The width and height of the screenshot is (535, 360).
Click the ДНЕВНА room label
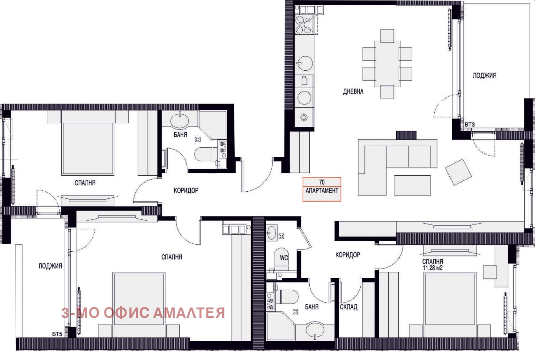(x=353, y=91)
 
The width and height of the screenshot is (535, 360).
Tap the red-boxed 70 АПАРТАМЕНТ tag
(x=322, y=189)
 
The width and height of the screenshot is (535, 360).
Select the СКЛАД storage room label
(x=349, y=307)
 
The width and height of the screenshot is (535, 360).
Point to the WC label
(x=284, y=258)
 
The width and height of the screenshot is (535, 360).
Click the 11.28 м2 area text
(x=433, y=268)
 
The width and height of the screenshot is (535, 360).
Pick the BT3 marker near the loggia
(x=470, y=125)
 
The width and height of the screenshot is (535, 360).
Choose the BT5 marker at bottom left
(x=57, y=334)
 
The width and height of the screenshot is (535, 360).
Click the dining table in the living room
(x=387, y=64)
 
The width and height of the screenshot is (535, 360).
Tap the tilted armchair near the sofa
(x=458, y=172)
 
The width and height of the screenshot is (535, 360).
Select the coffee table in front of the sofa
(x=412, y=185)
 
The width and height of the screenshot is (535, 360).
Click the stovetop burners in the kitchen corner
(x=303, y=24)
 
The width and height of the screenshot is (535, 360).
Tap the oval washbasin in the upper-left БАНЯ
(x=179, y=120)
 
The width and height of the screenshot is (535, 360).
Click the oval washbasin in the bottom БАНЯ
(x=317, y=330)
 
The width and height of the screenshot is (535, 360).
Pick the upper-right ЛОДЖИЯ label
(x=484, y=75)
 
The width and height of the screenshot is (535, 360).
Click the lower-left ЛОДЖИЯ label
(x=50, y=266)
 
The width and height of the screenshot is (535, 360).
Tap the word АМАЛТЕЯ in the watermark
(x=189, y=313)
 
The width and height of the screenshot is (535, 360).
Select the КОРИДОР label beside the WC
(x=348, y=255)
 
